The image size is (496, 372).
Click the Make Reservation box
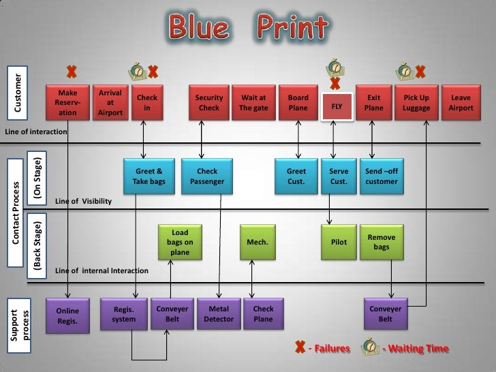(x=67, y=102)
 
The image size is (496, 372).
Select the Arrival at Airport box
(x=110, y=102)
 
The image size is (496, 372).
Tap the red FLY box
(x=337, y=107)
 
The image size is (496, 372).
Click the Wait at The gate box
(x=253, y=102)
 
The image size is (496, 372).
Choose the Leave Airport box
(x=461, y=102)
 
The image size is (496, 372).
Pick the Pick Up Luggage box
(x=416, y=102)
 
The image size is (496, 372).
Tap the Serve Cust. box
(x=339, y=176)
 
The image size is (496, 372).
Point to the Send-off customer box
(x=382, y=176)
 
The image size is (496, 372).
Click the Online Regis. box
(x=67, y=315)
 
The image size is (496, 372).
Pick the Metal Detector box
(x=218, y=314)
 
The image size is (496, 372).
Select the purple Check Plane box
(x=263, y=314)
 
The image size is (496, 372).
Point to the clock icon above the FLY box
(x=335, y=67)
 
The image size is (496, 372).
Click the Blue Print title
(x=248, y=27)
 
